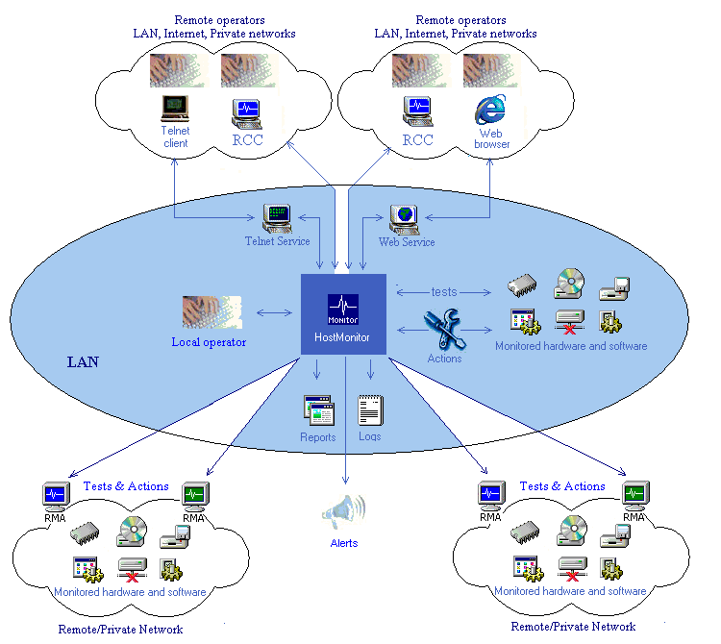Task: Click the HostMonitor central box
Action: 343,314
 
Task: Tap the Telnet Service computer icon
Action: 277,218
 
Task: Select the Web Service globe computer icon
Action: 404,220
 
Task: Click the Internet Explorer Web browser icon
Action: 490,110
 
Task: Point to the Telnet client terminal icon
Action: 175,109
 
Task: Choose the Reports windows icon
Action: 318,410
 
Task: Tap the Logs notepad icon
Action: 370,410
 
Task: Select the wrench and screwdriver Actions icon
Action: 445,328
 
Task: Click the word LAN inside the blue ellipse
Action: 83,362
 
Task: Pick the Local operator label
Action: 209,342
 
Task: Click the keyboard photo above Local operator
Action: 211,312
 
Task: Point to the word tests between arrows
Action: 444,292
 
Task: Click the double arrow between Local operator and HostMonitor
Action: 275,313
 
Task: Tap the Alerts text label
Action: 344,543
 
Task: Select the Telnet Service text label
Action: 277,241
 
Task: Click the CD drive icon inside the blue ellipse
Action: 569,285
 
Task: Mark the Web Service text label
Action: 407,242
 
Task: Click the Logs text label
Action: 370,436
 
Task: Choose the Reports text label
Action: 318,437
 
